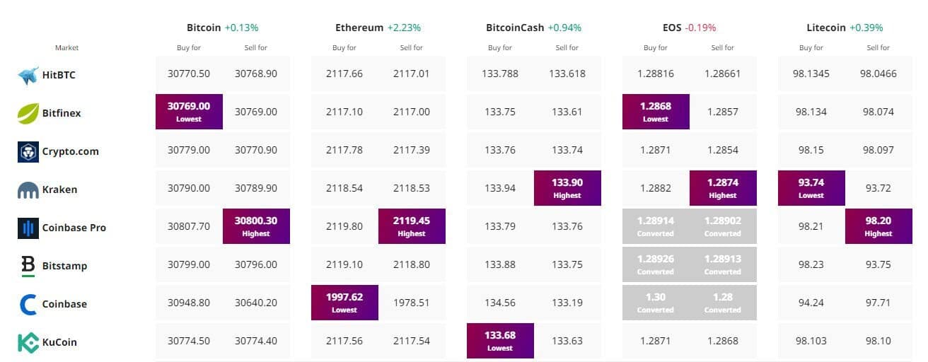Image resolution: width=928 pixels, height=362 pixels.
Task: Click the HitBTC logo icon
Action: pyautogui.click(x=28, y=75)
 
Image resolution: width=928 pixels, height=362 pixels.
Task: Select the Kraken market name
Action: pyautogui.click(x=60, y=189)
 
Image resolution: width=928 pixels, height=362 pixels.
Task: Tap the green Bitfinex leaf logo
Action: pyautogui.click(x=28, y=113)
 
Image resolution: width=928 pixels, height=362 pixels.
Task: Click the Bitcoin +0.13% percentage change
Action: pyautogui.click(x=241, y=28)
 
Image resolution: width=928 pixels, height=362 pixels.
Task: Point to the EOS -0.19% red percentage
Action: pyautogui.click(x=700, y=28)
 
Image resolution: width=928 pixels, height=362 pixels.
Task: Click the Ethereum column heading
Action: pyautogui.click(x=359, y=28)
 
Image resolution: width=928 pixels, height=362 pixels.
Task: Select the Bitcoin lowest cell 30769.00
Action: pyautogui.click(x=189, y=112)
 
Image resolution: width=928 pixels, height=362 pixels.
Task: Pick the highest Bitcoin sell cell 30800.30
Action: pyautogui.click(x=256, y=226)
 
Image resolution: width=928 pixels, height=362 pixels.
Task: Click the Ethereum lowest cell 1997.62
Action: pyautogui.click(x=344, y=303)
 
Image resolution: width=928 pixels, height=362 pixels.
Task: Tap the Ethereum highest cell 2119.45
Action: pyautogui.click(x=412, y=226)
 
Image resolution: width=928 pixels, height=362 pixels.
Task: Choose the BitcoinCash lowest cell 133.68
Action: pyautogui.click(x=500, y=341)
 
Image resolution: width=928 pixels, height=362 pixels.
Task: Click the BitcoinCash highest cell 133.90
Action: pyautogui.click(x=567, y=188)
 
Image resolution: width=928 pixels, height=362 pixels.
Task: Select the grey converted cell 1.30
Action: pyautogui.click(x=656, y=303)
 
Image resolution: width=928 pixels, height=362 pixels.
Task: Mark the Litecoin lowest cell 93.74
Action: pyautogui.click(x=811, y=188)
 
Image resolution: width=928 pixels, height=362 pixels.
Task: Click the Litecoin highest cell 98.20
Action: pyautogui.click(x=878, y=226)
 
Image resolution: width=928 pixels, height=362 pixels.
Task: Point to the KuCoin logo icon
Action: pyautogui.click(x=28, y=342)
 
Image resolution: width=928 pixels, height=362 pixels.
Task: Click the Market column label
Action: pyautogui.click(x=66, y=48)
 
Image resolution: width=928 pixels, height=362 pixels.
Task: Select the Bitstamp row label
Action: pyautogui.click(x=64, y=266)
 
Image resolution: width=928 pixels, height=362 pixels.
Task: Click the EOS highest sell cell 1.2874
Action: pyautogui.click(x=723, y=188)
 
